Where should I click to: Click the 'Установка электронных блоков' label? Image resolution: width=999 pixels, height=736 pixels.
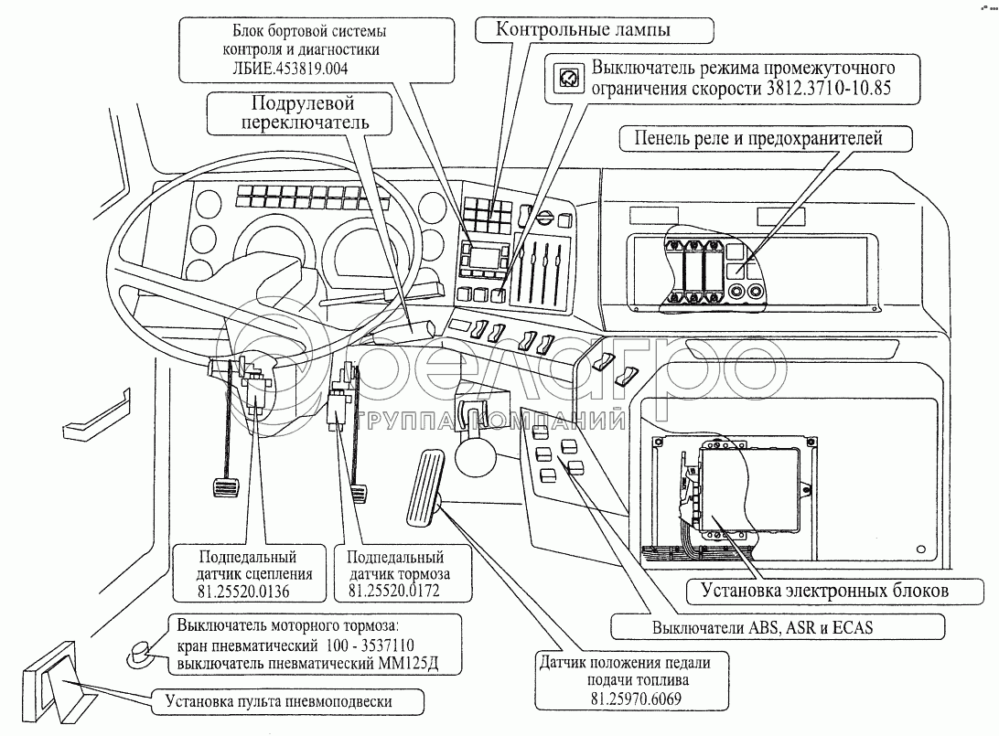[811, 591]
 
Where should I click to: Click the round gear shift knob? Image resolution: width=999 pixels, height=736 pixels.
[474, 454]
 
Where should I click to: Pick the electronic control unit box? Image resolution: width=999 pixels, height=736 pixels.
[744, 487]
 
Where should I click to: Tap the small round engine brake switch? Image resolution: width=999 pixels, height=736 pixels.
[141, 651]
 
